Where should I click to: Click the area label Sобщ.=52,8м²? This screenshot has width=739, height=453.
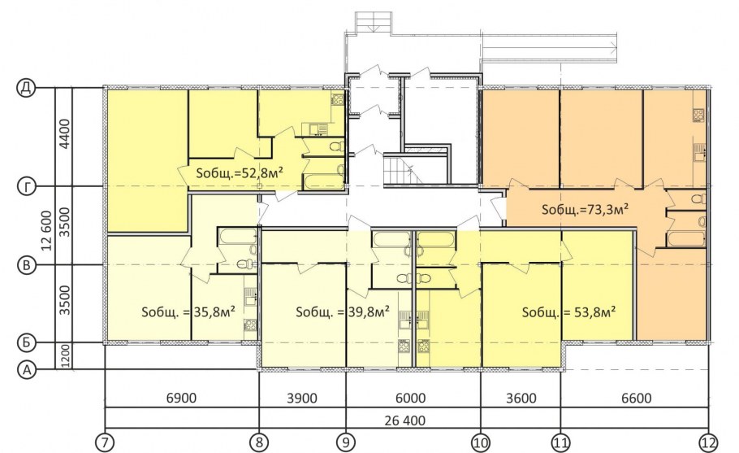(x=240, y=172)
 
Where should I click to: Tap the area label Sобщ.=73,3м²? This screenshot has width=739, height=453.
(x=585, y=209)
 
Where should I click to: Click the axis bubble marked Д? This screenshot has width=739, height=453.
(x=26, y=88)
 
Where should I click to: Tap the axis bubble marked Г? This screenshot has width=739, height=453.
(x=26, y=187)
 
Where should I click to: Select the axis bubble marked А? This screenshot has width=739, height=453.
(x=27, y=369)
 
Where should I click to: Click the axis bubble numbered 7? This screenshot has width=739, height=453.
(x=105, y=442)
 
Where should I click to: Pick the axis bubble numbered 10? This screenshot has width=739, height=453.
(x=481, y=442)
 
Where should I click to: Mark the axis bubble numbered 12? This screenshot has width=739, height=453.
(x=708, y=442)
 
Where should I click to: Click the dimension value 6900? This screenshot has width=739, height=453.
(x=181, y=398)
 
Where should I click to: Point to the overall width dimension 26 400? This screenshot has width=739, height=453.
(x=404, y=420)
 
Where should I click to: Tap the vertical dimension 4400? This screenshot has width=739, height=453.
(x=65, y=133)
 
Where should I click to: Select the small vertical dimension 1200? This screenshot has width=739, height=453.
(x=65, y=356)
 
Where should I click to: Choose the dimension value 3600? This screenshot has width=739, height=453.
(x=521, y=398)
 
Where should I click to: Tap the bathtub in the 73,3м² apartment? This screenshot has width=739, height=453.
(x=685, y=239)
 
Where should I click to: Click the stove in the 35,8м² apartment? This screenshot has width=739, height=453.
(x=250, y=325)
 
